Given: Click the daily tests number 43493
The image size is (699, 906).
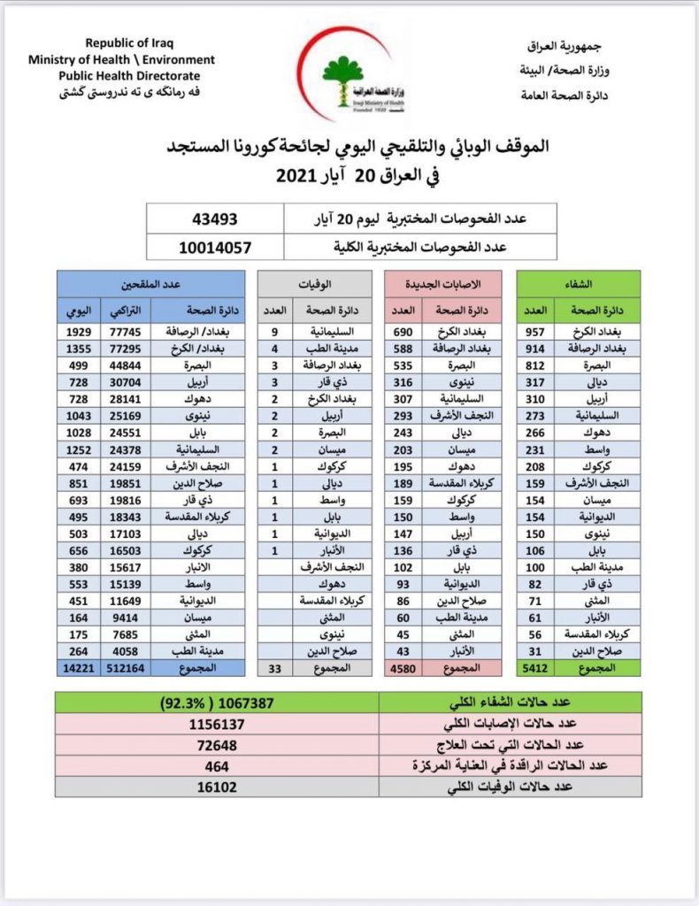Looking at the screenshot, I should coord(215,218).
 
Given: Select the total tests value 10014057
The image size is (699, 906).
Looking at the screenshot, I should coord(215,247).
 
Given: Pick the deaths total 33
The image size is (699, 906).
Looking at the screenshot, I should coord(275,669).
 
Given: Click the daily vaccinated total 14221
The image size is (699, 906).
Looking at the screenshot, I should coord(76,669).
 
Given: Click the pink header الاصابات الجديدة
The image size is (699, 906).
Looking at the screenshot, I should coord(442,284).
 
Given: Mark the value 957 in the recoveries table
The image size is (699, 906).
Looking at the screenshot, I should coord(534,333).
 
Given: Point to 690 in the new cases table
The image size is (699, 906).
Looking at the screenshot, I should coord(403,333).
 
